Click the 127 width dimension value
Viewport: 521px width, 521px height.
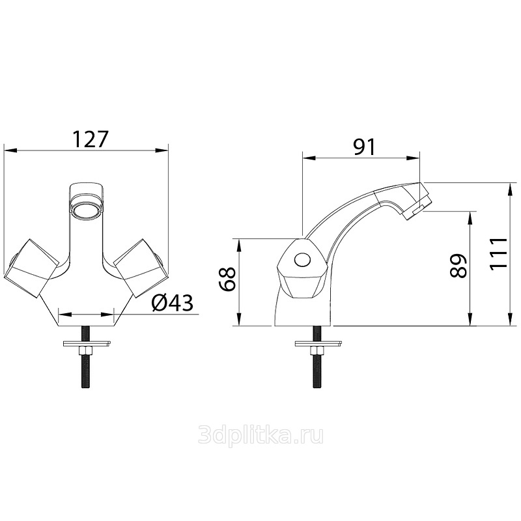[x=91, y=139]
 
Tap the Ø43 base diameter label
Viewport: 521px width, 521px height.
[x=172, y=303]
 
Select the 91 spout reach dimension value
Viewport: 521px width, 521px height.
[x=365, y=147]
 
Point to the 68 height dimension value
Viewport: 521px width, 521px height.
[x=227, y=279]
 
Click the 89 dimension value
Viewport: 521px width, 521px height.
[x=458, y=266]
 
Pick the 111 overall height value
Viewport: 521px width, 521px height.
[x=499, y=253]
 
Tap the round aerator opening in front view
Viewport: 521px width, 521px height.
[x=85, y=210]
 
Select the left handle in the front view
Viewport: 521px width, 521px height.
[x=31, y=268]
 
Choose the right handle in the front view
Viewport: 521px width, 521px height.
[x=141, y=268]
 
